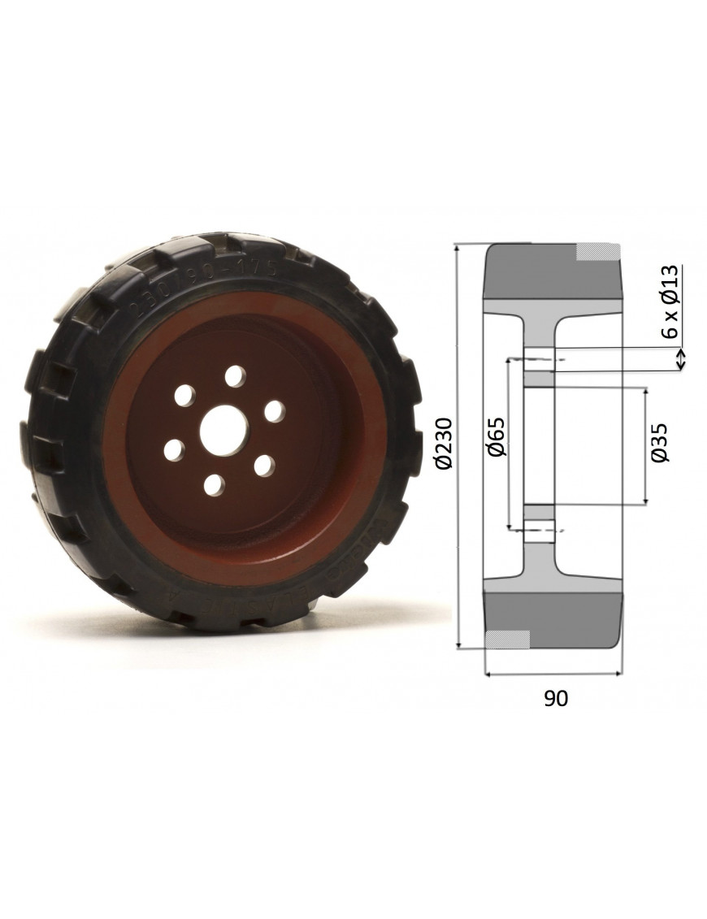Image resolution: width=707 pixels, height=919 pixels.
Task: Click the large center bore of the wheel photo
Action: point(223,428)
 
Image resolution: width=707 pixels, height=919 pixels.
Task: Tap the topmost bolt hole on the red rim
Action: point(236,376)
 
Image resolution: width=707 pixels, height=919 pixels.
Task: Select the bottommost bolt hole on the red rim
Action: point(214,485)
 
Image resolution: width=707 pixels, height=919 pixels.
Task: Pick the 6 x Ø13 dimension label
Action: point(670,301)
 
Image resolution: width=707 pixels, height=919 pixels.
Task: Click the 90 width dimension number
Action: point(556,698)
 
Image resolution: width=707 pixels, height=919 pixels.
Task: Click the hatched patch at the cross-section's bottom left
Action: point(508,639)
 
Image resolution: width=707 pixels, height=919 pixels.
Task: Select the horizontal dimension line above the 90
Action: point(553,673)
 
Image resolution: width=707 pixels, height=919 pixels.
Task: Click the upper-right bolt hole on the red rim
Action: point(275,411)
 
